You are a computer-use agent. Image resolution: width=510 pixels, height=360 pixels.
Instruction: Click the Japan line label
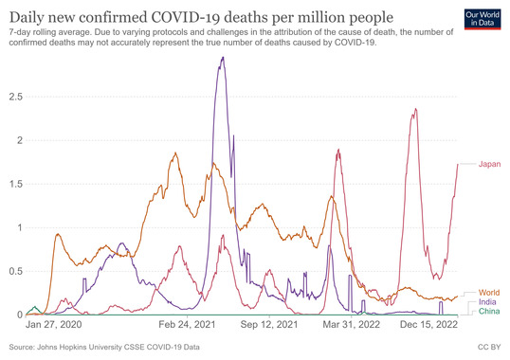point(489,164)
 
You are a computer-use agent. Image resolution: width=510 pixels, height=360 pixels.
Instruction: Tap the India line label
point(488,303)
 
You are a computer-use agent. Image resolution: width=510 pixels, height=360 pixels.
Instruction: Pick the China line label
point(489,313)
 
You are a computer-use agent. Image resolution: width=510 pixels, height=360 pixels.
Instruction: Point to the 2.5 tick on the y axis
point(14,97)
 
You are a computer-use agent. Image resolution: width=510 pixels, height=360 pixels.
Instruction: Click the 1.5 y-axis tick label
point(14,184)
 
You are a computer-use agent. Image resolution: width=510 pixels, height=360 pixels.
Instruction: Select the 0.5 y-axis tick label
point(14,271)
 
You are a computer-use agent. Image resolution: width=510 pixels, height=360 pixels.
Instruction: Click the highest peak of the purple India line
point(223,58)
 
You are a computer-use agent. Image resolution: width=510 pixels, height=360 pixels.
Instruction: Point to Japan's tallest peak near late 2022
point(414,109)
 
